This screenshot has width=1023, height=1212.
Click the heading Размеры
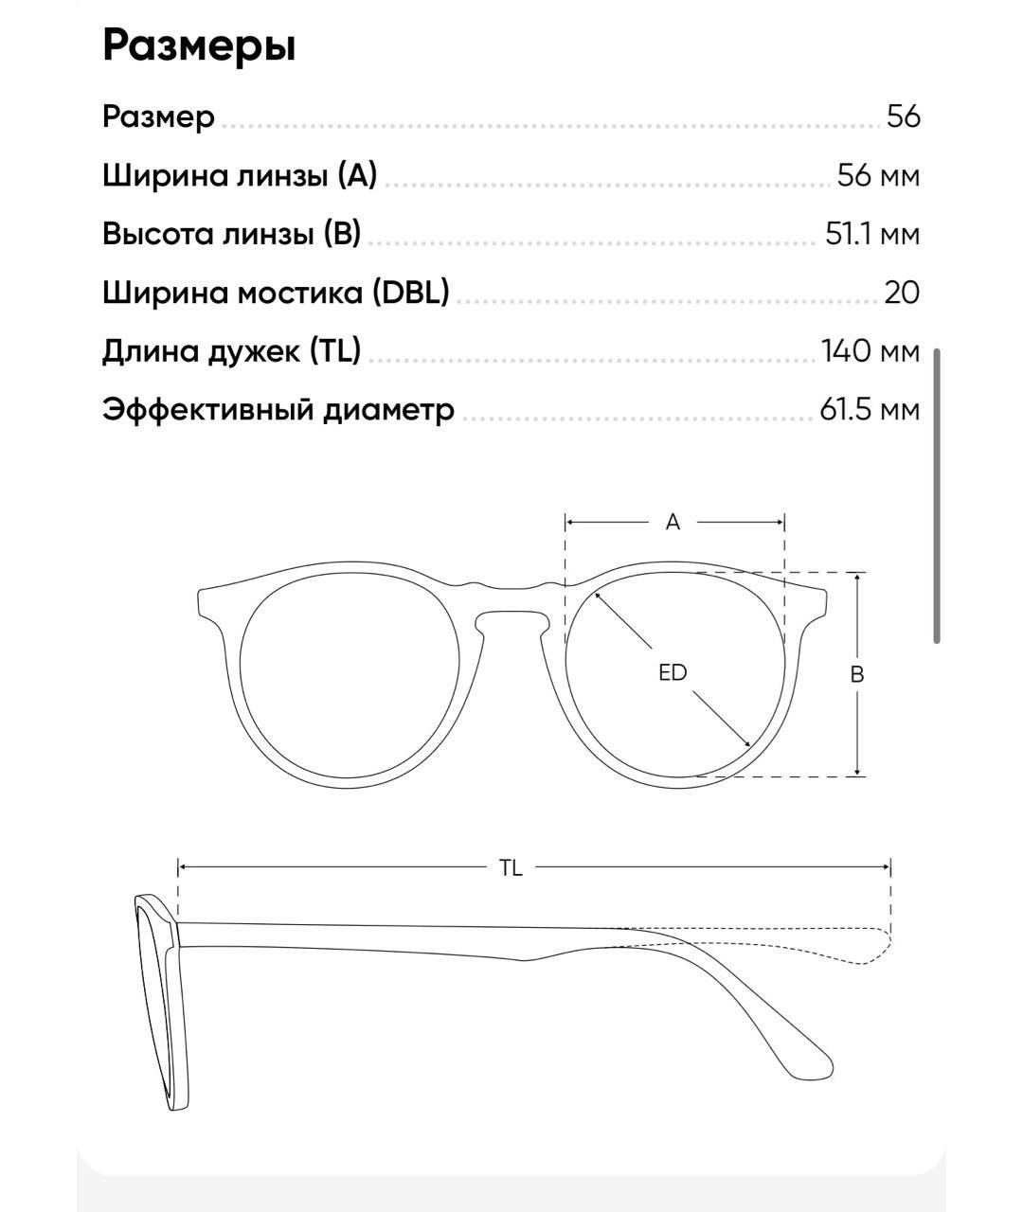tap(199, 45)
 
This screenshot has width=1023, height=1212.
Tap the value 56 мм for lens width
tap(878, 175)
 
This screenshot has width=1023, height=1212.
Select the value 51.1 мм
tap(871, 234)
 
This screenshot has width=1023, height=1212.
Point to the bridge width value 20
tap(902, 293)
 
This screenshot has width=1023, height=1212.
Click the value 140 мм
tap(870, 351)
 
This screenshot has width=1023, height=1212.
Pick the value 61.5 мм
tap(869, 410)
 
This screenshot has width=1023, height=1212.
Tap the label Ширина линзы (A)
tap(240, 175)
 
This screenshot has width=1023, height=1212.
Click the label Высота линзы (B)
tap(232, 234)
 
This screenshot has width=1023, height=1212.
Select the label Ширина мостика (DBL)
tap(276, 293)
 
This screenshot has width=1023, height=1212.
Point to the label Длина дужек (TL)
tap(232, 351)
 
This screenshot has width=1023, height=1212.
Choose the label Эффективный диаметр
tap(278, 410)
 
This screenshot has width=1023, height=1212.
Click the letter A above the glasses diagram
tap(673, 522)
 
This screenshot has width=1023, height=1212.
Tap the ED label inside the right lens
tap(673, 672)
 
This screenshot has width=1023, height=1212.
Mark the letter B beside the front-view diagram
tap(857, 674)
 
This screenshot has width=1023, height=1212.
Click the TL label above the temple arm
tap(511, 867)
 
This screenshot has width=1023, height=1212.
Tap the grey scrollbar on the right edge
tap(937, 496)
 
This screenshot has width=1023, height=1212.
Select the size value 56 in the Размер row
tap(903, 116)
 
